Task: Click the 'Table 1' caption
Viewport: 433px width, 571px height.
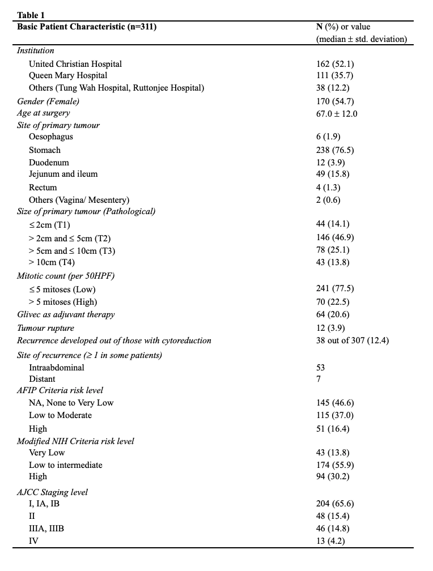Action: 31,15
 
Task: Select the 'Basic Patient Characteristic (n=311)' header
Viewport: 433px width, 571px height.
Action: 87,27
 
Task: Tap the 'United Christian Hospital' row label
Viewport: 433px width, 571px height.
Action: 75,63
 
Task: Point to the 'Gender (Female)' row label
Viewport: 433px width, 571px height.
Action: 48,101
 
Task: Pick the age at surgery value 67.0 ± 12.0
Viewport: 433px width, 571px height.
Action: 337,113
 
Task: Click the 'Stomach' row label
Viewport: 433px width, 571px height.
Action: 45,150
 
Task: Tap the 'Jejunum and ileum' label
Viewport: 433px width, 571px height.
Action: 63,174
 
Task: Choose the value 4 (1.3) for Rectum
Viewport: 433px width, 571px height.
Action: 329,187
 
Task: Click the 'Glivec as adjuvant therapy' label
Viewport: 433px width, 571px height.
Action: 66,314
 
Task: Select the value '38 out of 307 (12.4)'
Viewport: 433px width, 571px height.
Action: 353,340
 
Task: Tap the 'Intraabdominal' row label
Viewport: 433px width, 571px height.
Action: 57,367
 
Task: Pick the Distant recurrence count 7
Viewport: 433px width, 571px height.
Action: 319,379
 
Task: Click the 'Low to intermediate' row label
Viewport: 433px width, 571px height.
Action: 66,465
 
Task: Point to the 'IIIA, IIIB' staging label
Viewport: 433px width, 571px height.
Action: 46,529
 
